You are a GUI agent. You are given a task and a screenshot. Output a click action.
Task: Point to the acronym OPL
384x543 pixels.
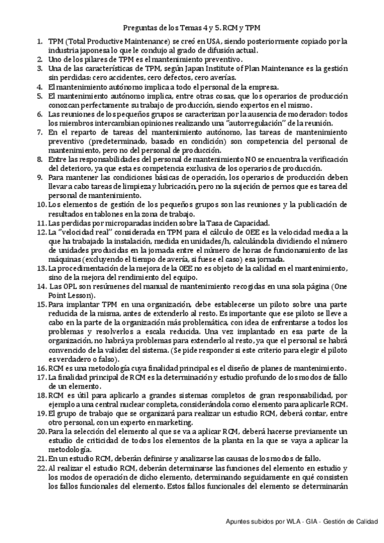coord(63,286)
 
